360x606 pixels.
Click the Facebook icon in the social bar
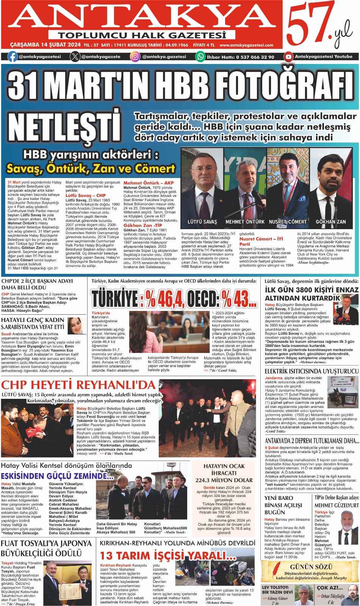tap(13, 57)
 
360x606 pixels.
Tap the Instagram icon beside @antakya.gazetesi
tap(135, 57)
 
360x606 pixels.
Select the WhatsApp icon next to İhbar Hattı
tap(200, 57)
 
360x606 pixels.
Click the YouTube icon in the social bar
tap(288, 57)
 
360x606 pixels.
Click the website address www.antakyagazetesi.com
tap(246, 45)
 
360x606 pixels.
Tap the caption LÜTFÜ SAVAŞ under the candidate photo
tap(202, 222)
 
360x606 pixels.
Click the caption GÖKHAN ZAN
tap(331, 222)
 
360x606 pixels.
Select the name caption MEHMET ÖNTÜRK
tap(245, 222)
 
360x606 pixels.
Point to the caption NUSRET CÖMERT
tap(288, 222)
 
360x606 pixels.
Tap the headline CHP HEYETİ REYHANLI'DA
tap(78, 385)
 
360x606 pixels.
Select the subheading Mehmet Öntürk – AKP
tap(149, 183)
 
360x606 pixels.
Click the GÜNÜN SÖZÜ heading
tap(311, 567)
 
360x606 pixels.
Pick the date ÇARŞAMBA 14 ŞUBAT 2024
tap(45, 45)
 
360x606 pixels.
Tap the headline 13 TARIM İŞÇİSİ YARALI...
tap(168, 556)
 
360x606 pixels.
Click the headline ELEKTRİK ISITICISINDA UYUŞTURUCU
tap(311, 371)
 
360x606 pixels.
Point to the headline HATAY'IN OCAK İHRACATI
tap(224, 473)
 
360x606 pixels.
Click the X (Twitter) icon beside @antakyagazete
tap(75, 57)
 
